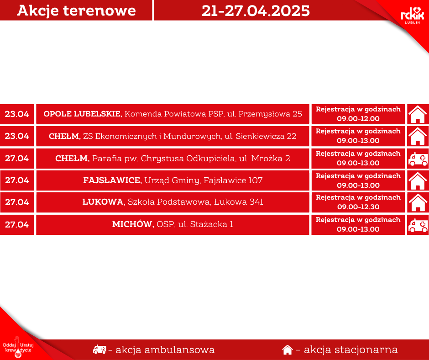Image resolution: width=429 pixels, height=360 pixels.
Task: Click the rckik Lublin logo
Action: coord(412,16)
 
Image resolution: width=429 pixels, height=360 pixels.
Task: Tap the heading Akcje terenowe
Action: coord(76,11)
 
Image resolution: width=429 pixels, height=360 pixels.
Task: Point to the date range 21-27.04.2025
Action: coord(256,11)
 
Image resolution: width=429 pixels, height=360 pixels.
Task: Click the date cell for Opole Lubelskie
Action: coord(17,114)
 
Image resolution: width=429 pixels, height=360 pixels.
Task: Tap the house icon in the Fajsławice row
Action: coord(418,180)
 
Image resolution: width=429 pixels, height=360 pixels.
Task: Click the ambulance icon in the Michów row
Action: coord(418,225)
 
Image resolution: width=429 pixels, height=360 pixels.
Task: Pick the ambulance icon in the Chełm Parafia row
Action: coord(418,159)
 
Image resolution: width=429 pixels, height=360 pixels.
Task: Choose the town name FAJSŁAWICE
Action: coord(112,180)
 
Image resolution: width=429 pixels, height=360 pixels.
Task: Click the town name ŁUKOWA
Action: coord(104,202)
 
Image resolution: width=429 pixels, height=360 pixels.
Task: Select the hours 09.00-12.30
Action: coord(358,207)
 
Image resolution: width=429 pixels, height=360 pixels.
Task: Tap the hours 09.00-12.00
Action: coord(358,119)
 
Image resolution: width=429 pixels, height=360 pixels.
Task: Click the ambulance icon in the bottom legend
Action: coord(99,349)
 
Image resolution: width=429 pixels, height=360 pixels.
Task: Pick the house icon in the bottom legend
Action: coord(287,350)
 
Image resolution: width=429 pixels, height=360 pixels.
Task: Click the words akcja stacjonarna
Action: coord(351,350)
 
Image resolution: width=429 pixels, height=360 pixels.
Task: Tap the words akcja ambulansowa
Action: coord(165,350)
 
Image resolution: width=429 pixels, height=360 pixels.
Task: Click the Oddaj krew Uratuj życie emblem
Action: coord(18,347)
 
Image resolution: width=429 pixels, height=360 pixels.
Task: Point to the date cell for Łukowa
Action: coord(17,202)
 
